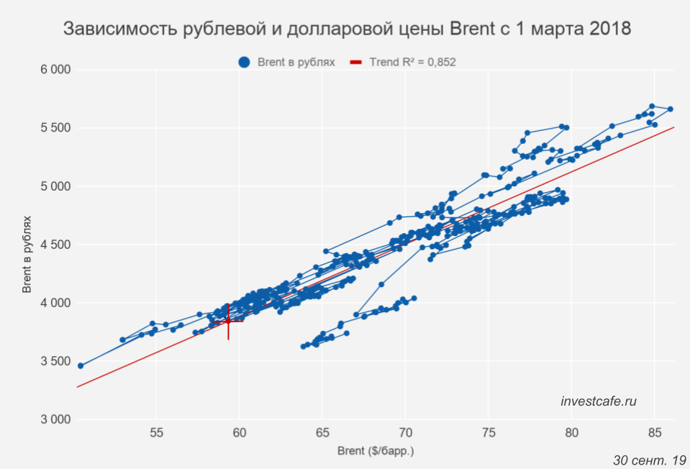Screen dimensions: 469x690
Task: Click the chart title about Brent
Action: coord(347,29)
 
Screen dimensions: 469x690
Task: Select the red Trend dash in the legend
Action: coord(355,63)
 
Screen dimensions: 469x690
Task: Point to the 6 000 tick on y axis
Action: coord(55,70)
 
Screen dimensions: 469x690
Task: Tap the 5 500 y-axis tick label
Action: coord(55,128)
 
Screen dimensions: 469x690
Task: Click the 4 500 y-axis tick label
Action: coord(55,245)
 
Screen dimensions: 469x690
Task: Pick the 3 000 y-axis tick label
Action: coord(55,419)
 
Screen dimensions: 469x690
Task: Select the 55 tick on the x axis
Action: coord(156,433)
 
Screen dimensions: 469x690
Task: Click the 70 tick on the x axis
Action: coord(405,433)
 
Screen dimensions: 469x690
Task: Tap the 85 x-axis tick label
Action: coord(654,433)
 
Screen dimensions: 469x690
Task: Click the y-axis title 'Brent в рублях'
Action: coord(27,245)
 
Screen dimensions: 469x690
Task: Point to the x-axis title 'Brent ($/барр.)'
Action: coord(376,452)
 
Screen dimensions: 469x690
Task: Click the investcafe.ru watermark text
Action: coord(599,401)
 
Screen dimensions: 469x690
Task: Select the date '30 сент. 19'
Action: coord(650,459)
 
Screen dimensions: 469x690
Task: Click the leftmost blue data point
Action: coord(81,365)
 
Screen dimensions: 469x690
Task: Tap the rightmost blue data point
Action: coord(670,109)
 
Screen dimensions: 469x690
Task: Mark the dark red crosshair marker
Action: coord(228,321)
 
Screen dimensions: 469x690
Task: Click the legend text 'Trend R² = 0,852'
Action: coord(412,63)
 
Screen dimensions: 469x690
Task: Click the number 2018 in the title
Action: coord(607,29)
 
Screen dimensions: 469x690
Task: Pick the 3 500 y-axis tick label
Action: coord(55,361)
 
